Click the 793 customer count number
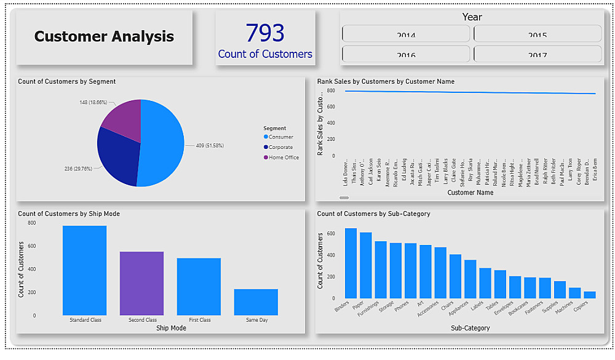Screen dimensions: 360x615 click(x=265, y=33)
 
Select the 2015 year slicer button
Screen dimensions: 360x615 click(x=538, y=34)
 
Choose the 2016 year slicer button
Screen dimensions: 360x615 click(x=406, y=54)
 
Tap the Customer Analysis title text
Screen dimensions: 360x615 click(x=104, y=36)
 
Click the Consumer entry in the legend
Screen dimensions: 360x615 click(x=280, y=137)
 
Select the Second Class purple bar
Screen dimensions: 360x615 click(x=141, y=283)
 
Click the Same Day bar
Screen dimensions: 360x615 click(x=256, y=302)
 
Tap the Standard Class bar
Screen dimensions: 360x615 click(x=84, y=271)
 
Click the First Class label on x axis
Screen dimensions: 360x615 click(x=199, y=320)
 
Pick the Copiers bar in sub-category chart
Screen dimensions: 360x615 click(x=590, y=295)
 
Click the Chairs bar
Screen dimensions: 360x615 click(x=455, y=276)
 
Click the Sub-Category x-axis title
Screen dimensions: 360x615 click(x=470, y=328)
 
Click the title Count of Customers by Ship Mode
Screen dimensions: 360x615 click(x=69, y=214)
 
